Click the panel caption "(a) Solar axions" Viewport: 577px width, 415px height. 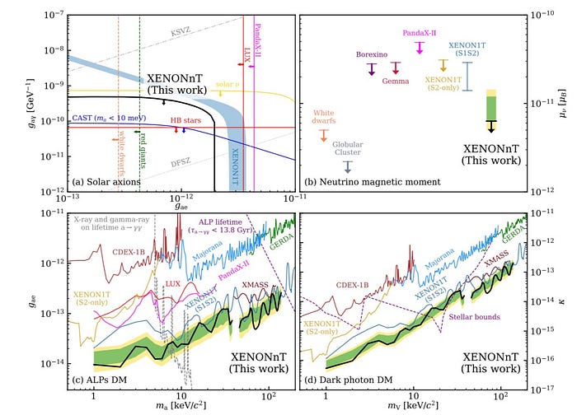pyautogui.click(x=106, y=181)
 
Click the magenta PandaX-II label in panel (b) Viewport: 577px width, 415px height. pyautogui.click(x=422, y=33)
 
